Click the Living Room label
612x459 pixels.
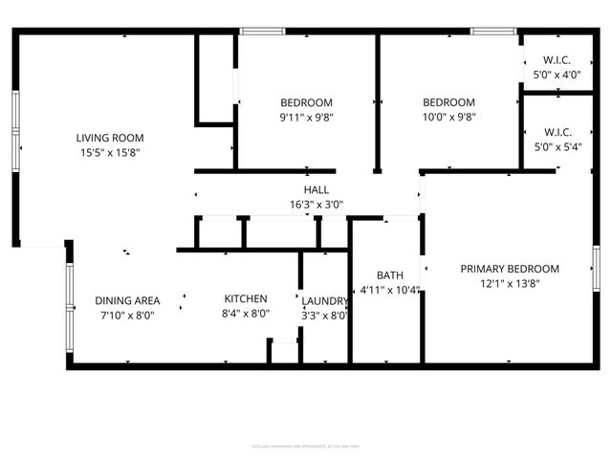click(110, 138)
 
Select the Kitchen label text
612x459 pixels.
click(246, 299)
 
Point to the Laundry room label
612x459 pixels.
click(325, 299)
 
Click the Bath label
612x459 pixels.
click(389, 274)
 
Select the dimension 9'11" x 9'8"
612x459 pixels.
click(306, 118)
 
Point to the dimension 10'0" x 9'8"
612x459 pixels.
click(448, 118)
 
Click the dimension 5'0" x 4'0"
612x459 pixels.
click(557, 75)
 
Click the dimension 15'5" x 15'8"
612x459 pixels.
click(110, 152)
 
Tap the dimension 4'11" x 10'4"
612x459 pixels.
click(389, 289)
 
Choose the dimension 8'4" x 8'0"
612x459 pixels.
click(246, 314)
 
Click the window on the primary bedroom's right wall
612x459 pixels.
click(595, 269)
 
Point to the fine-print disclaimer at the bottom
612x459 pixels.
click(306, 446)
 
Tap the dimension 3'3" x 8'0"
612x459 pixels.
click(325, 315)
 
